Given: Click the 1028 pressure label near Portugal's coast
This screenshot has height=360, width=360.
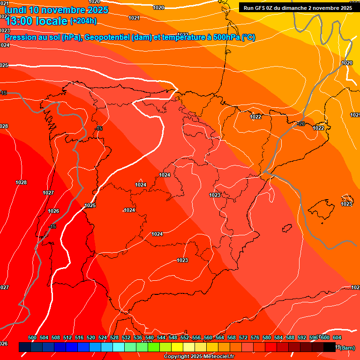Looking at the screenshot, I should tap(21, 182).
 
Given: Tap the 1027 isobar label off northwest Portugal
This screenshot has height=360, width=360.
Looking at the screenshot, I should tap(48, 193).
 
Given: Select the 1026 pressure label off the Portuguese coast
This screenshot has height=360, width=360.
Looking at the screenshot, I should tap(53, 211).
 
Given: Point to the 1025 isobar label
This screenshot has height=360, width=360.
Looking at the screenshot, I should tap(90, 205).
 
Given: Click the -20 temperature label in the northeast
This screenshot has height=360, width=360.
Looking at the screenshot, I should tap(301, 124).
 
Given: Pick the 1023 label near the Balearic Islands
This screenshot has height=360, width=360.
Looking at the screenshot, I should tap(346, 204).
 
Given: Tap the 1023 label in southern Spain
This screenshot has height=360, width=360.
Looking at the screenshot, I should tap(182, 260).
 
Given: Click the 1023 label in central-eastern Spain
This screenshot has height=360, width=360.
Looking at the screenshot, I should tap(215, 195).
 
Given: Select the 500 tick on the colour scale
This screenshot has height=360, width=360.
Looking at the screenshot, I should tap(32, 337).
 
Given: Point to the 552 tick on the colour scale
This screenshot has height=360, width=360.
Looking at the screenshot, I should tap(185, 337).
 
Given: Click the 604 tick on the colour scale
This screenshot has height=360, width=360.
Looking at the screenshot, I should tap(337, 337).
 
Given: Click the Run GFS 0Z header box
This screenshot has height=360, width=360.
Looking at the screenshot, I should tap(298, 8).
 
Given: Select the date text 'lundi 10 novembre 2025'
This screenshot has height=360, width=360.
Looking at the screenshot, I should tap(56, 10).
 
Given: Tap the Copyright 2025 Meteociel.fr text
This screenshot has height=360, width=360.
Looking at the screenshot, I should tap(199, 356).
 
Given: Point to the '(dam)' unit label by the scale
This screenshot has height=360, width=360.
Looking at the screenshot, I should tap(347, 347).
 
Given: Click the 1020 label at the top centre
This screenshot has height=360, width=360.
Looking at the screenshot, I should tap(159, 7).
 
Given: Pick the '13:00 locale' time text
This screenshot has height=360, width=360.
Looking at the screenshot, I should tap(36, 21).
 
